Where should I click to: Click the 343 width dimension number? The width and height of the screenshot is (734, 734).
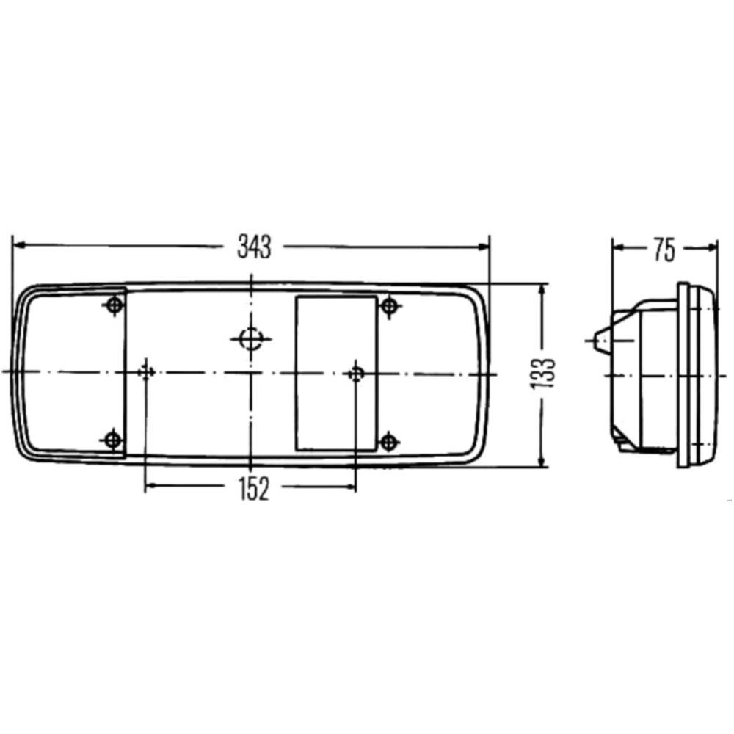(254, 247)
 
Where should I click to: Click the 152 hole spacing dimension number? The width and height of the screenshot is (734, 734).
(254, 489)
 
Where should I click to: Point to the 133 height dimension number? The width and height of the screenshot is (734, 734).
(542, 373)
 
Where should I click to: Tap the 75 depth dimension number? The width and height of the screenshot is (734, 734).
(665, 250)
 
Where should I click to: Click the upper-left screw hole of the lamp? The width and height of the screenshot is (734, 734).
(115, 305)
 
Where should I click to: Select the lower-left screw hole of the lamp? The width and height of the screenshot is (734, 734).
(112, 440)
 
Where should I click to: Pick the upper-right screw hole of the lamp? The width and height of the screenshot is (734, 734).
(389, 307)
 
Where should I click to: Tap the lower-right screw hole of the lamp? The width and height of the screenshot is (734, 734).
(388, 441)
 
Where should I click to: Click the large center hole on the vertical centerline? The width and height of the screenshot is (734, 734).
(251, 338)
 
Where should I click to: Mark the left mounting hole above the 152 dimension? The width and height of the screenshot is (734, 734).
(146, 373)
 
